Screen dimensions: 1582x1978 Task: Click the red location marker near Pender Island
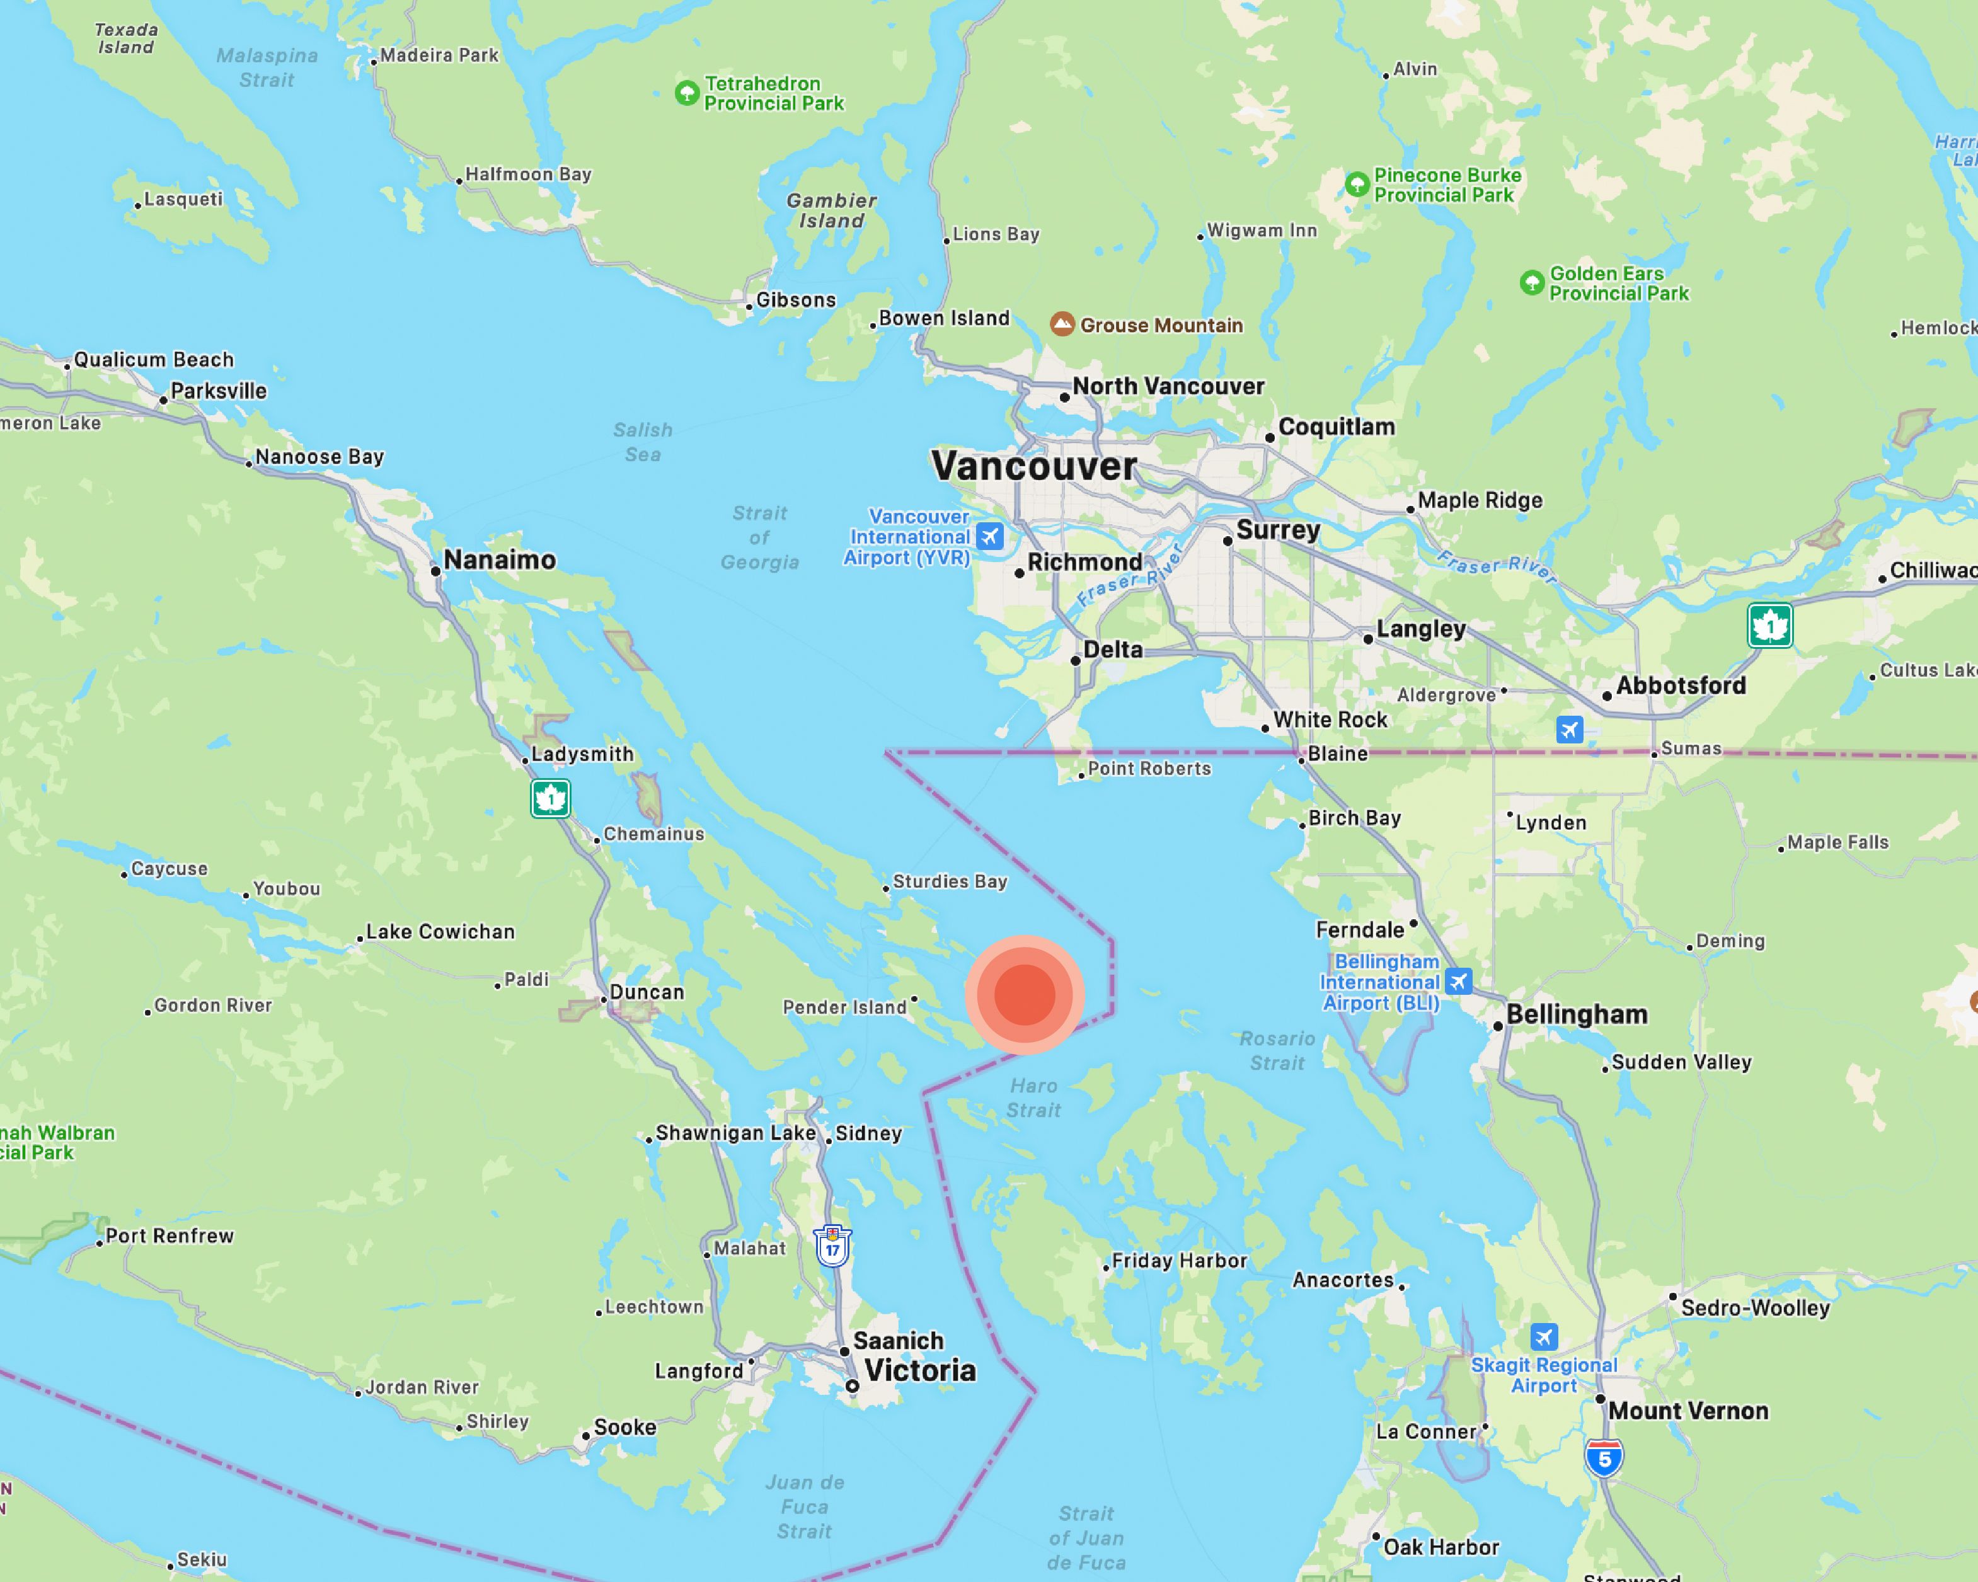(x=1025, y=994)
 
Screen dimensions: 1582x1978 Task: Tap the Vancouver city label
(x=1034, y=466)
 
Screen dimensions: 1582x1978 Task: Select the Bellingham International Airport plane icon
(x=1458, y=982)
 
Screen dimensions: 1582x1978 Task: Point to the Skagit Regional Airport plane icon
(x=1544, y=1336)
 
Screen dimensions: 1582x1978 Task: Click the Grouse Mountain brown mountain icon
(x=1062, y=324)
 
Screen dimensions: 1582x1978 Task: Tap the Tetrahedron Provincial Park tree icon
(x=686, y=93)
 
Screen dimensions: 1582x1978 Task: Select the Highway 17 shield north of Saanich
(x=832, y=1248)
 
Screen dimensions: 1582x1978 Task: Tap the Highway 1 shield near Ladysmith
(x=551, y=799)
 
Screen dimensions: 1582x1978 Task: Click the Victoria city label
(x=920, y=1370)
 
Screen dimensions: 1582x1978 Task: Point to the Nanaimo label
(x=499, y=559)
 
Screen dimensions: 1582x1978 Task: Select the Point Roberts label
(x=1149, y=769)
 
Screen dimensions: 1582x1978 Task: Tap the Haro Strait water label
(x=1034, y=1098)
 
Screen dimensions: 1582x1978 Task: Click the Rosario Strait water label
(x=1277, y=1051)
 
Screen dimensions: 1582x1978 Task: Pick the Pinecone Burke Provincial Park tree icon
(x=1356, y=185)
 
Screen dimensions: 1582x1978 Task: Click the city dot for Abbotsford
(x=1606, y=696)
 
